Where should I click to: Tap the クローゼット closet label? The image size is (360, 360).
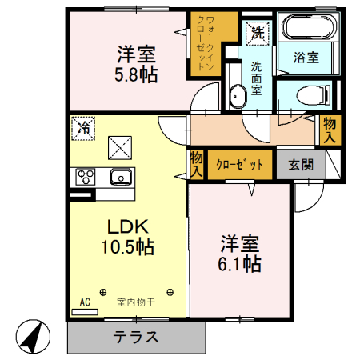tap(239, 165)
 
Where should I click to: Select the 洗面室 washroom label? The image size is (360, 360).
tap(256, 78)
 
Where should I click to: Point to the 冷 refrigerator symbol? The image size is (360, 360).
tap(83, 126)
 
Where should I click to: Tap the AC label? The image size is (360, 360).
tap(86, 302)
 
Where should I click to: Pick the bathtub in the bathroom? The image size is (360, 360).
tap(309, 31)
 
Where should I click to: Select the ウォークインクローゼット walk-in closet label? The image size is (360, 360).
tap(204, 44)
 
